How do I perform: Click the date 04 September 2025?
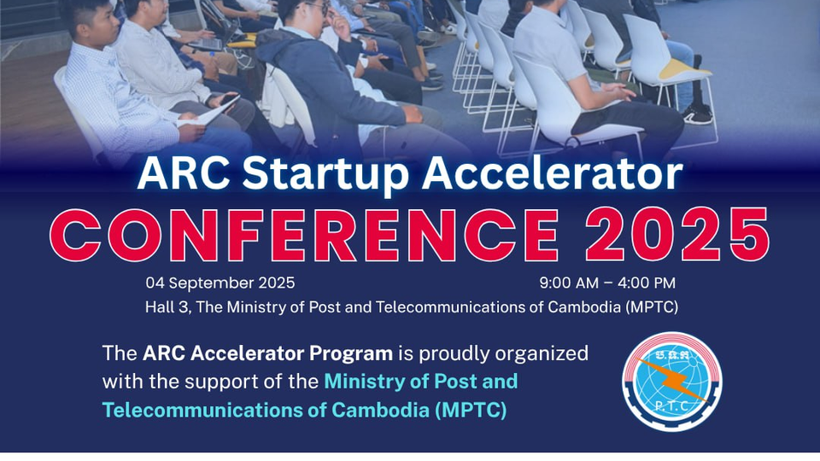pyautogui.click(x=220, y=283)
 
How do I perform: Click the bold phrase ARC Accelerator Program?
pyautogui.click(x=268, y=353)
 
